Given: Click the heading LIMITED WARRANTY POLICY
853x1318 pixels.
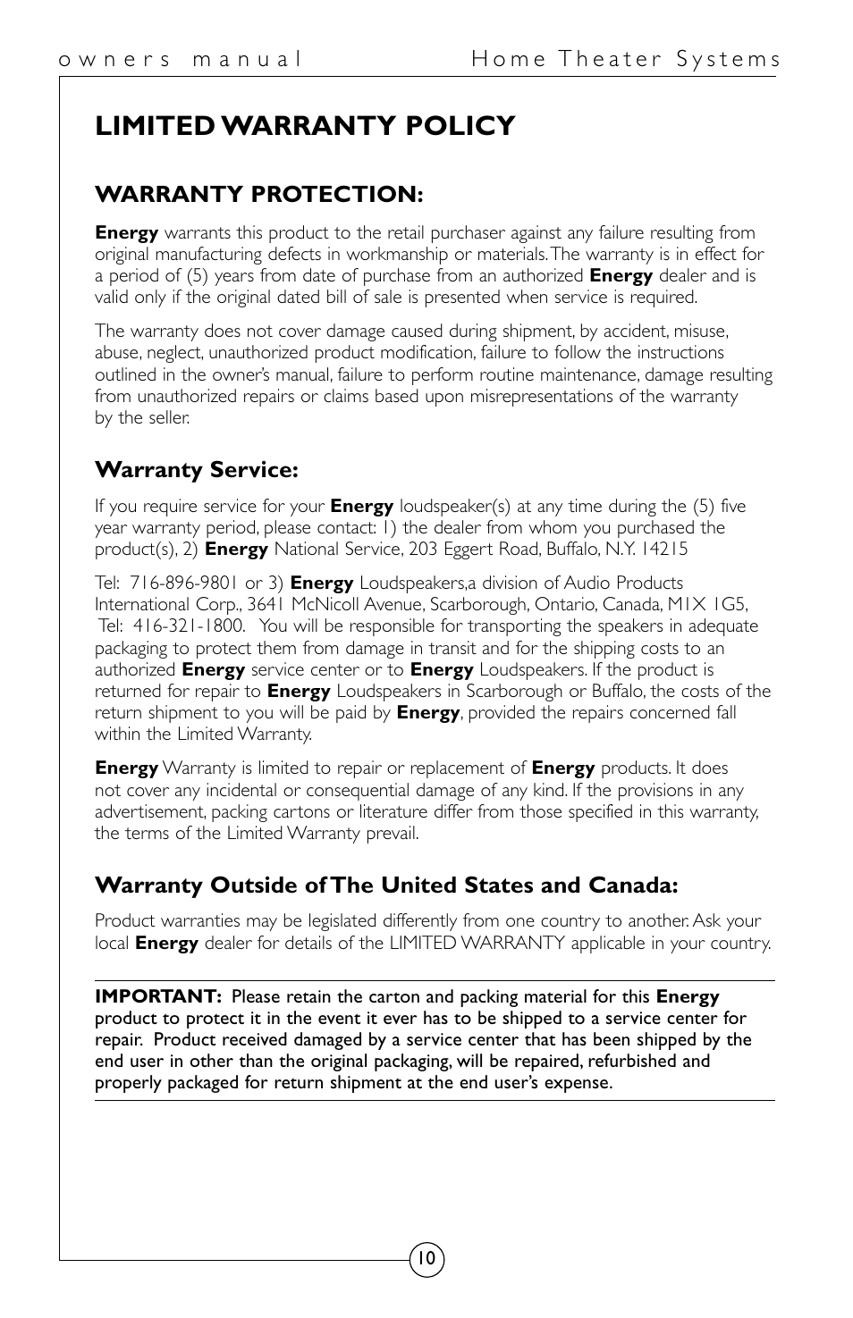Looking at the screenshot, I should click(305, 126).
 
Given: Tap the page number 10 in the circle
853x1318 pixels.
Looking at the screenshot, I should click(426, 1260).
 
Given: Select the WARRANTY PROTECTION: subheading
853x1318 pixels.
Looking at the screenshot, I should click(258, 194).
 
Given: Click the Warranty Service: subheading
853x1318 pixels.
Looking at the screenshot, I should click(196, 469).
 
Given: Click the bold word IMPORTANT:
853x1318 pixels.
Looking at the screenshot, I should click(158, 996).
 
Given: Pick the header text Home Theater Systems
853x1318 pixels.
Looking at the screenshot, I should click(626, 60).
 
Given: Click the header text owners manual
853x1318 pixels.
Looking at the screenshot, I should click(180, 60).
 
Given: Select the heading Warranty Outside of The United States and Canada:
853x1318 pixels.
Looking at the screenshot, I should click(386, 886).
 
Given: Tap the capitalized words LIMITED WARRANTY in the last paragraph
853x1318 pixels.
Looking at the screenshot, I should click(477, 943).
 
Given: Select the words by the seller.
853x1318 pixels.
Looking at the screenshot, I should click(142, 418).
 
